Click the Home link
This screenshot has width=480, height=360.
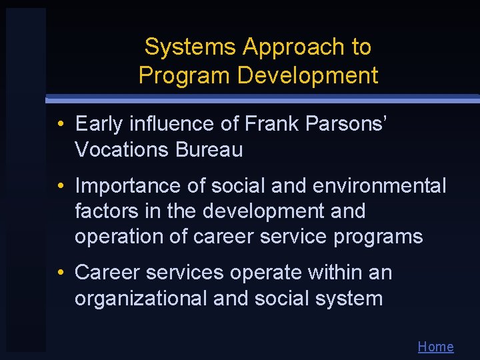(x=435, y=347)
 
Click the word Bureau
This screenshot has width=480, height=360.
(x=209, y=150)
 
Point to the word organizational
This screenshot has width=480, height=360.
(x=141, y=298)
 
